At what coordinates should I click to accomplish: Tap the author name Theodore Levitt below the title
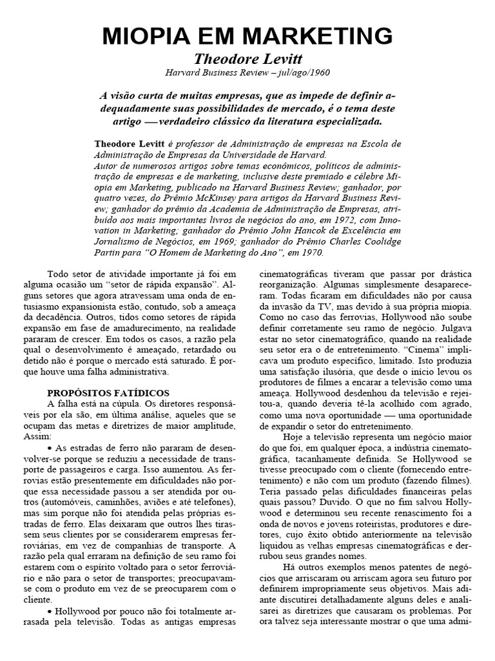(x=248, y=58)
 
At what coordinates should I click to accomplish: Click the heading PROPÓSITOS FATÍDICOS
(x=108, y=392)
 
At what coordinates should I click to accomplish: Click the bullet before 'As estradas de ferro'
(x=51, y=448)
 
